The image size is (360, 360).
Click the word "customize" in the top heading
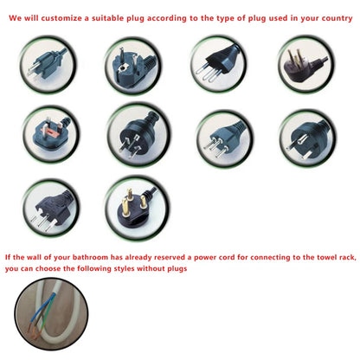pos(61,18)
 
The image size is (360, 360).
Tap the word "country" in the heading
pos(337,18)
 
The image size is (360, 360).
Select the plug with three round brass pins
pos(135,207)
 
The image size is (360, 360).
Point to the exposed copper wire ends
pos(33,331)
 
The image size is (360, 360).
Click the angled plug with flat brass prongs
pos(303,65)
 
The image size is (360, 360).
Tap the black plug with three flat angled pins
pos(138,133)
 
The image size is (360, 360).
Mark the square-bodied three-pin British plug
pos(51,134)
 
